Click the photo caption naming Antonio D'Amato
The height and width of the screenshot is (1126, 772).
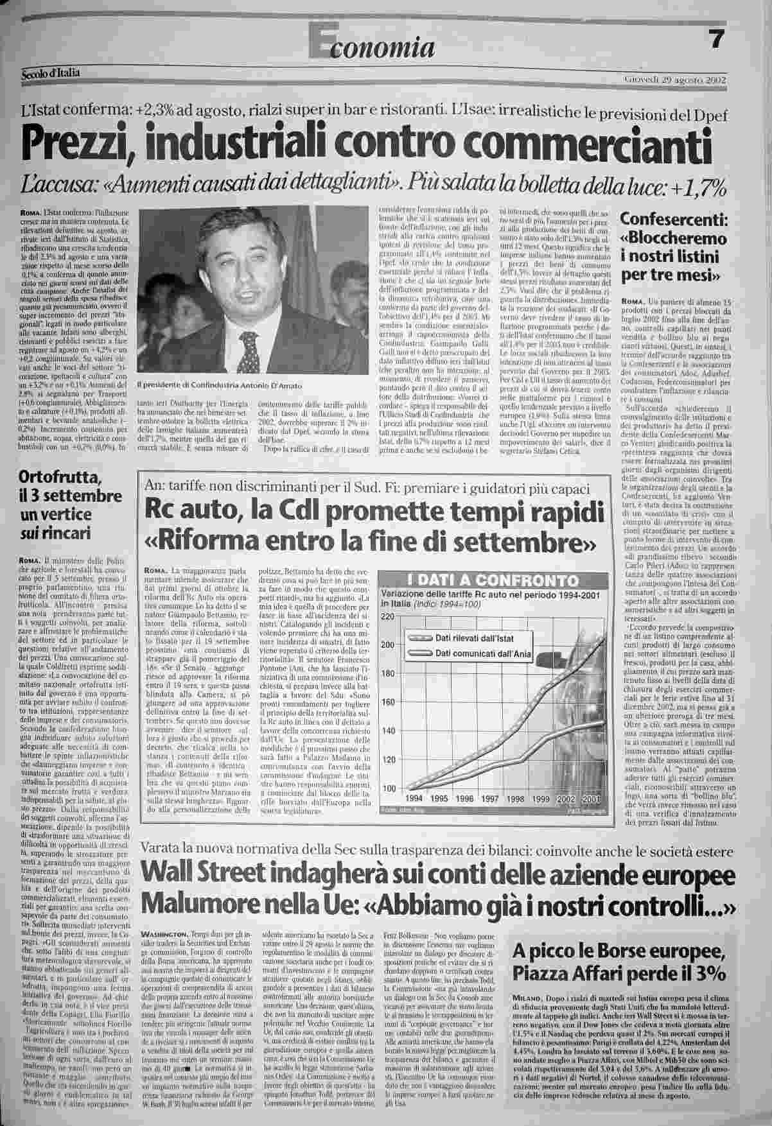tap(219, 385)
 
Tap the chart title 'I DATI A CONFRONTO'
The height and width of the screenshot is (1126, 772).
tap(493, 581)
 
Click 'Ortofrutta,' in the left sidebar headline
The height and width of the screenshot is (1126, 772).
tap(57, 477)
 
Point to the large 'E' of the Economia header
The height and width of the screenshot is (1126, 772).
tap(318, 42)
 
